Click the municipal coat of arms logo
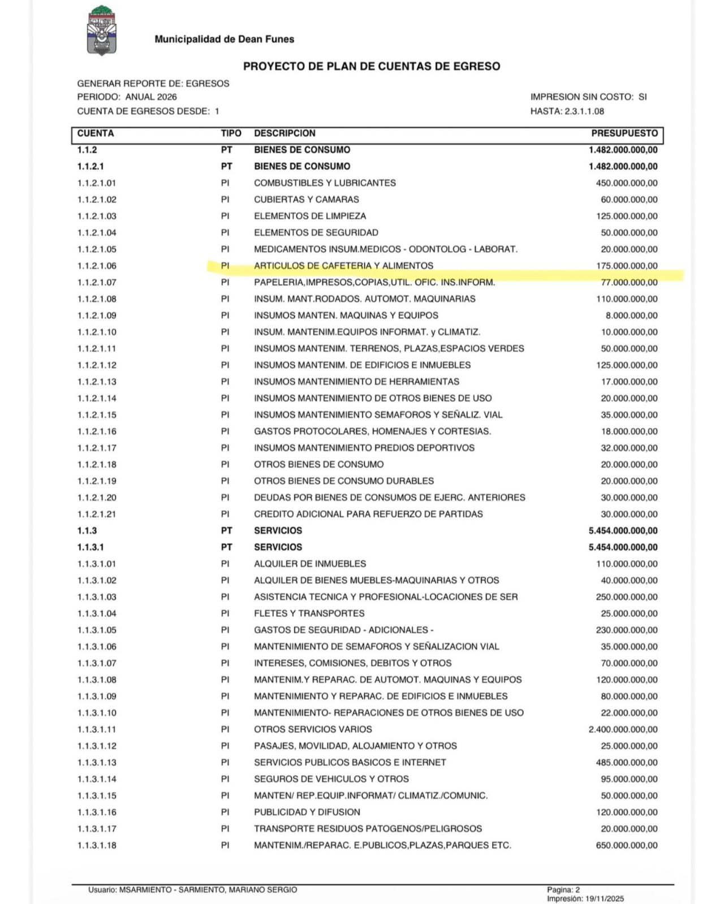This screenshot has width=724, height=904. (x=102, y=31)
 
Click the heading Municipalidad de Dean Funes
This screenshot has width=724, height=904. (x=224, y=39)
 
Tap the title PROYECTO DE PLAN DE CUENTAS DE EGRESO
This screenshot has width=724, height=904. (x=372, y=66)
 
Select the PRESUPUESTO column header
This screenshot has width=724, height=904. (x=624, y=133)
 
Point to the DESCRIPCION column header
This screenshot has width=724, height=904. (x=285, y=133)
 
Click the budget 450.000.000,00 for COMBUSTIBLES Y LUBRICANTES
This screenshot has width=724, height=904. (x=626, y=183)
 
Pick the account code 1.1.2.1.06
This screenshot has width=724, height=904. (x=97, y=266)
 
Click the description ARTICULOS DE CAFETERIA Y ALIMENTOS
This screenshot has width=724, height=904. (x=343, y=266)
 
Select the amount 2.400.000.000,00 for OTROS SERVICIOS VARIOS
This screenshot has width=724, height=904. (x=623, y=729)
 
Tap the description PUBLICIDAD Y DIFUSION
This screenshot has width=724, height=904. (x=307, y=812)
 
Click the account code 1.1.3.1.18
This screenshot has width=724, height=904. (x=97, y=845)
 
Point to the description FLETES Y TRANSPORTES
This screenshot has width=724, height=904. (x=309, y=613)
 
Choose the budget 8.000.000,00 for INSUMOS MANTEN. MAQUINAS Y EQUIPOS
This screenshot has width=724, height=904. (x=631, y=315)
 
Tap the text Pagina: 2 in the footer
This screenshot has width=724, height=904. (x=563, y=890)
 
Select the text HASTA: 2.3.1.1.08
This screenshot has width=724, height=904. (x=567, y=111)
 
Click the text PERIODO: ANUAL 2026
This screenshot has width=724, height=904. (x=127, y=97)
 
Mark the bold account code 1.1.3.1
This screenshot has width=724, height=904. (x=90, y=547)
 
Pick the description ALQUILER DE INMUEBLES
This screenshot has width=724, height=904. (x=309, y=564)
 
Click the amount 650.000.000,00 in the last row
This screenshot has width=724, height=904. (x=626, y=845)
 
